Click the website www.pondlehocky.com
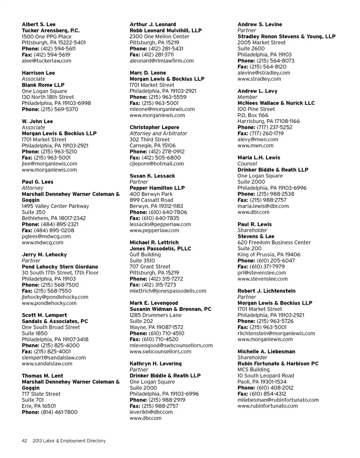click(x=49, y=303)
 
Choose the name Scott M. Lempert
click(x=44, y=315)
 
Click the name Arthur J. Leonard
click(x=153, y=24)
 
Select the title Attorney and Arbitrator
click(x=158, y=134)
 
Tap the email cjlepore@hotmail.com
click(x=157, y=164)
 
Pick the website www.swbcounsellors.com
click(x=160, y=351)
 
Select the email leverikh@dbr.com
click(x=151, y=412)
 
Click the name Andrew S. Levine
click(x=260, y=24)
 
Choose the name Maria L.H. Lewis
click(x=259, y=158)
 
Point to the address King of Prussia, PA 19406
click(x=269, y=255)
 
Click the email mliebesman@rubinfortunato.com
click(x=278, y=400)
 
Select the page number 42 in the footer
click(x=24, y=441)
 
